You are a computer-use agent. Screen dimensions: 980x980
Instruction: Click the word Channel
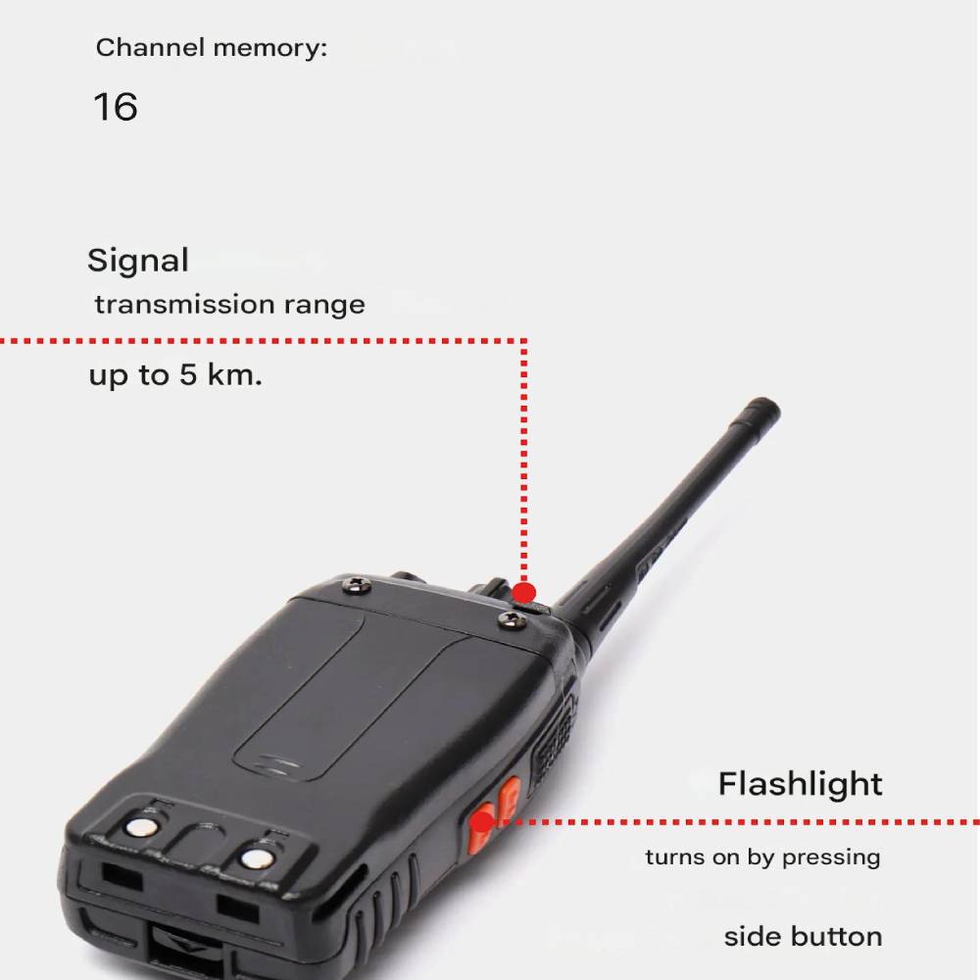coord(150,47)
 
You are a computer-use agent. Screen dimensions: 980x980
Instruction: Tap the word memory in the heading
coord(269,48)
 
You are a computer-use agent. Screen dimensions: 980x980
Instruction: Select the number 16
coord(116,107)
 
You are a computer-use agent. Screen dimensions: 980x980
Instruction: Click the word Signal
coord(138,260)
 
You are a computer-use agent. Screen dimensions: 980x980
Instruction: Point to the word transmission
coord(185,305)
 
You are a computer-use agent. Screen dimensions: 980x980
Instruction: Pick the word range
coord(324,306)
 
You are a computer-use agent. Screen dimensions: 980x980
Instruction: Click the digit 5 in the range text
coord(188,374)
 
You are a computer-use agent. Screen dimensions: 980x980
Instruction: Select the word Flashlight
coord(800,785)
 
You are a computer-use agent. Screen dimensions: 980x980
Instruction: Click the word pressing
coord(831,857)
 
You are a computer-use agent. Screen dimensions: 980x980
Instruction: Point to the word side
coord(752,937)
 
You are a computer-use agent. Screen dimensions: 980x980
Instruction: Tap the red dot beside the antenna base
coord(523,593)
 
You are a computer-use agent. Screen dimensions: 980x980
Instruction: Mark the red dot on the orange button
coord(482,822)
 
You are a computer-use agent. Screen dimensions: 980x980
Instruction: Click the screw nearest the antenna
coord(514,620)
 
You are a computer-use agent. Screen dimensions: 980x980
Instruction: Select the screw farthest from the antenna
coord(357,585)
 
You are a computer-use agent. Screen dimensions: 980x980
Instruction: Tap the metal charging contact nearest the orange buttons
coord(257,858)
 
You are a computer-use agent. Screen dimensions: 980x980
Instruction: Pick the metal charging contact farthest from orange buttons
coord(142,827)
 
